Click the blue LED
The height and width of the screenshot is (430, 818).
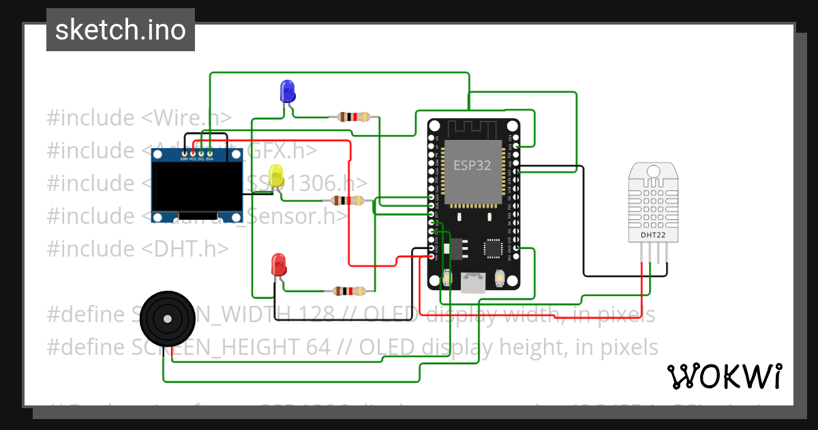(287, 90)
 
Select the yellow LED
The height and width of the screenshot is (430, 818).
(276, 175)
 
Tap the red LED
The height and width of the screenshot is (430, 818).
(278, 264)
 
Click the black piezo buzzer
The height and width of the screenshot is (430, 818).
(165, 318)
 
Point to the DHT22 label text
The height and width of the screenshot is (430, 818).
(653, 235)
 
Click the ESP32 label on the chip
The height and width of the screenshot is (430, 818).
(472, 166)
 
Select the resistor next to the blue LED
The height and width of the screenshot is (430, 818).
(353, 117)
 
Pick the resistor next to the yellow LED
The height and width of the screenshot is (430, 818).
(347, 200)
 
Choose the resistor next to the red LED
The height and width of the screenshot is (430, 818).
(348, 291)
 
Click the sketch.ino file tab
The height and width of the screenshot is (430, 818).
(121, 30)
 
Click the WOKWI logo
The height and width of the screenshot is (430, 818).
(724, 376)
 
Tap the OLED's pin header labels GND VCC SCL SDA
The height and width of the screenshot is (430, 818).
(197, 158)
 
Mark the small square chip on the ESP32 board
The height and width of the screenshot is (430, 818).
(493, 248)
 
